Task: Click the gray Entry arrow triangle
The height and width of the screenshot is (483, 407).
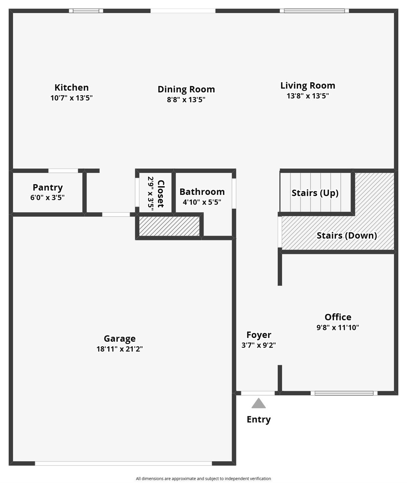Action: click(258, 404)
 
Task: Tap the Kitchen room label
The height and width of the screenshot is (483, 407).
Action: click(72, 87)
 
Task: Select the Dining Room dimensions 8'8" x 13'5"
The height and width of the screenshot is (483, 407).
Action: click(186, 100)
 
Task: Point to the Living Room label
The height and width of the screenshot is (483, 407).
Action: click(308, 85)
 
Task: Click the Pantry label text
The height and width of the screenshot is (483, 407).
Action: click(48, 188)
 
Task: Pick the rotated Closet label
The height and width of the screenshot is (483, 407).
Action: click(161, 194)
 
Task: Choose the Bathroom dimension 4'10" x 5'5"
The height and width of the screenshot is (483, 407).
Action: click(202, 202)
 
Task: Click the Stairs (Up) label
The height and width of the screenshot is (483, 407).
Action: click(315, 193)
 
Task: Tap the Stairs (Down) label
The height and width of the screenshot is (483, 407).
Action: click(347, 236)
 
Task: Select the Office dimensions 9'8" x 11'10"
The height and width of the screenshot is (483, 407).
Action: click(338, 327)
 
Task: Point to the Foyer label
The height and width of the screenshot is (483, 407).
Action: click(259, 335)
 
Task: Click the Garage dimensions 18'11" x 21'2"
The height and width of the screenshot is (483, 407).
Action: click(120, 349)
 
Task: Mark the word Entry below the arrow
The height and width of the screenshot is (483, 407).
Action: click(259, 419)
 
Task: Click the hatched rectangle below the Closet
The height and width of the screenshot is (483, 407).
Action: click(169, 226)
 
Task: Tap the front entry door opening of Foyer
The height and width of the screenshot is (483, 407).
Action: click(258, 393)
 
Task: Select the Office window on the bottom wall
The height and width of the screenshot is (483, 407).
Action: click(344, 393)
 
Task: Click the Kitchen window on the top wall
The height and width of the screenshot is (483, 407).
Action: click(86, 11)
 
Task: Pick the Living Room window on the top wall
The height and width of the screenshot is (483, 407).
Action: click(314, 11)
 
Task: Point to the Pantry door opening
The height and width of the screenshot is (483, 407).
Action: click(63, 171)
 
